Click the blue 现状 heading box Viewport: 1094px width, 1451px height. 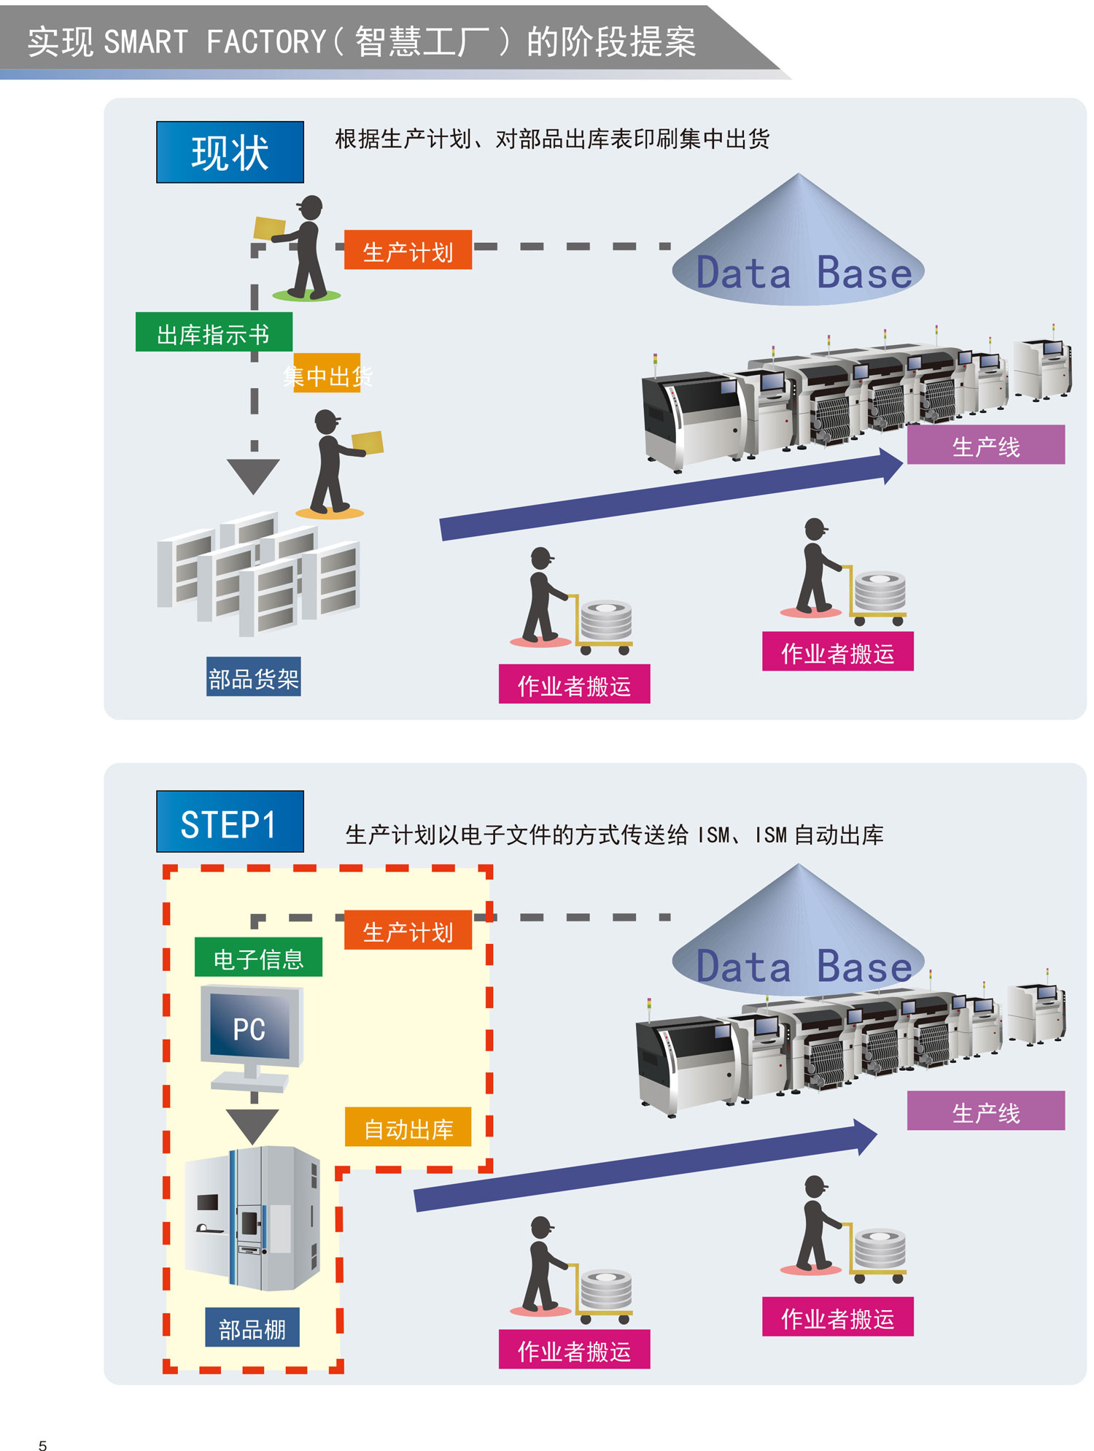tap(230, 152)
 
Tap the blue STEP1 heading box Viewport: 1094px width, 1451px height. tap(230, 822)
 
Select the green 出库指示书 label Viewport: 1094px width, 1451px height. tap(214, 333)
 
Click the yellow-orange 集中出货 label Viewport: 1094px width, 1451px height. tap(327, 374)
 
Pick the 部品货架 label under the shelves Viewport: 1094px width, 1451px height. tap(253, 678)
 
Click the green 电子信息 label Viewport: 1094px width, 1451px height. tap(258, 956)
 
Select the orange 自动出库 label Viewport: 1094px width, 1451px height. tap(408, 1127)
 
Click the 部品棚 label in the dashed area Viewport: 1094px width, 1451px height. tap(252, 1328)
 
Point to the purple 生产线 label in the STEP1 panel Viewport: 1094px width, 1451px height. tap(985, 1111)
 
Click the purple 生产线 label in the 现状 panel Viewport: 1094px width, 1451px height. tap(985, 445)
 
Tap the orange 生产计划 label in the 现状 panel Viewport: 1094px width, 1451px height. tap(408, 250)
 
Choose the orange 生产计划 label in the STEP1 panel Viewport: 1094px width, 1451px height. tap(408, 930)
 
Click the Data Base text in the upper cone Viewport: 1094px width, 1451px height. tap(804, 274)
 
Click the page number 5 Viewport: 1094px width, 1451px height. tap(42, 1444)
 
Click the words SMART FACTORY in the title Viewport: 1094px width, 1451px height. tap(214, 42)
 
